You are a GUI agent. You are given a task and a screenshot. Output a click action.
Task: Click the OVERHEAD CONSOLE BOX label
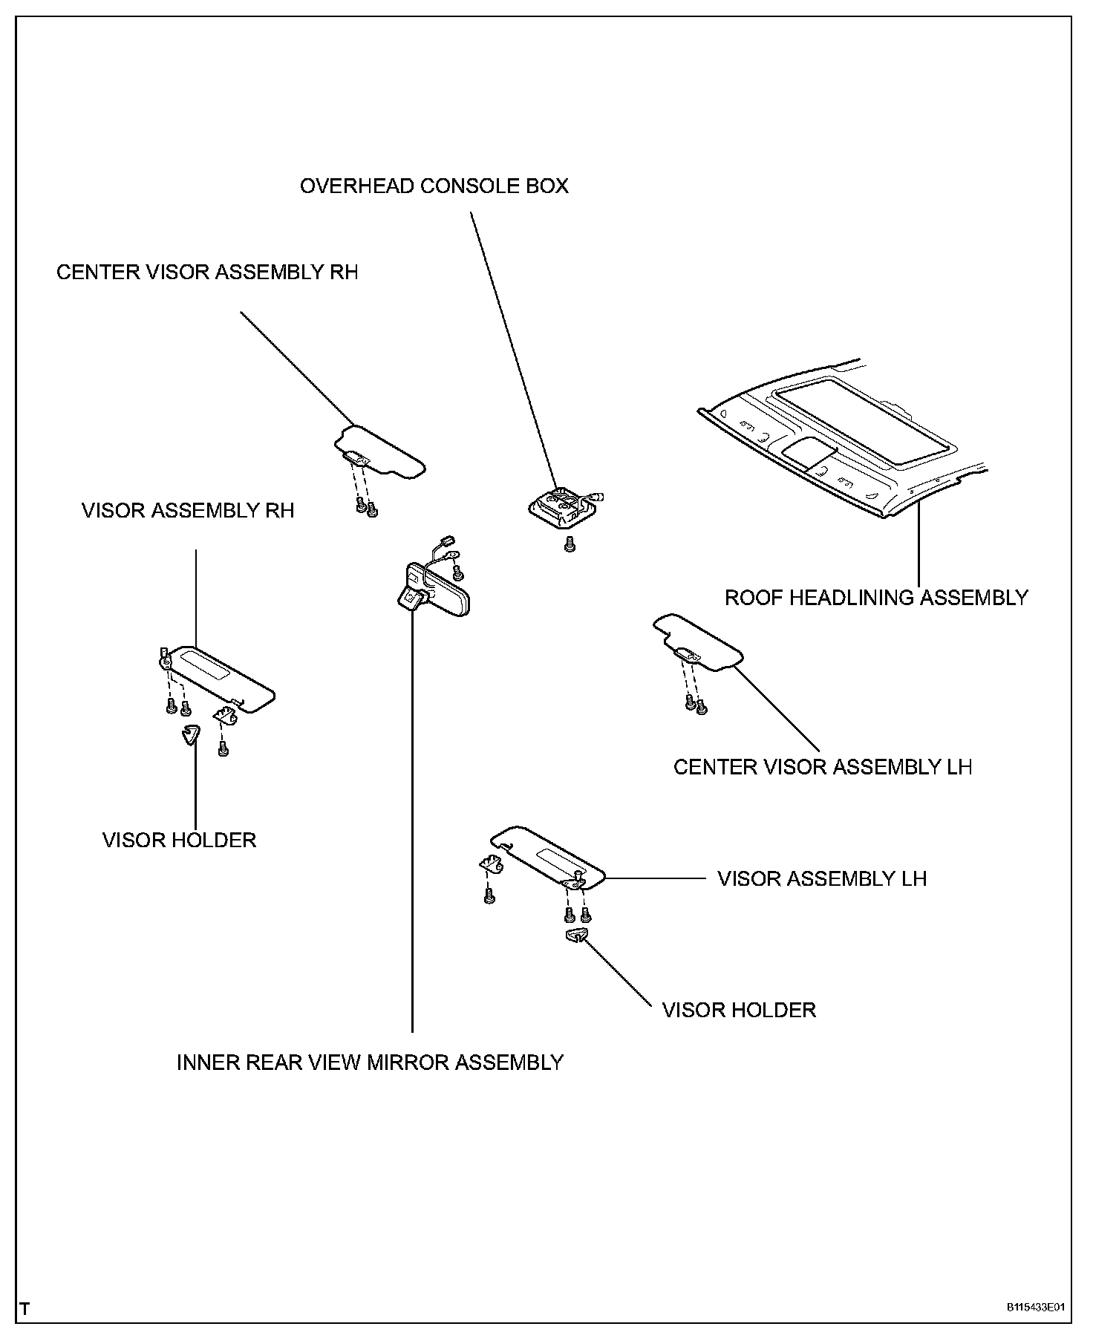tap(434, 186)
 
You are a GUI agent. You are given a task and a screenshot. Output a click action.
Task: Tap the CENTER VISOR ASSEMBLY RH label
tap(207, 272)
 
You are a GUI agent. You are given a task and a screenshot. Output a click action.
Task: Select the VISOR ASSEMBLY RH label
tap(188, 511)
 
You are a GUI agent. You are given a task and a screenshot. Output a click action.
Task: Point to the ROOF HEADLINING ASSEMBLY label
tap(876, 597)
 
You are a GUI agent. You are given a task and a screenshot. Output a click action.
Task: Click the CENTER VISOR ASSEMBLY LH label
tap(822, 766)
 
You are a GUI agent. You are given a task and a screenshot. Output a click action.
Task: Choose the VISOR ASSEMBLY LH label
tap(822, 879)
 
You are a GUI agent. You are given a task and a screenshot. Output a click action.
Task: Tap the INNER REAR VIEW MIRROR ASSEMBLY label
tap(370, 1063)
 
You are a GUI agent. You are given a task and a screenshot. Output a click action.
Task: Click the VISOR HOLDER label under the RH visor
tap(179, 840)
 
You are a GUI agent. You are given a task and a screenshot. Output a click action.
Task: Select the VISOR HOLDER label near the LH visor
tap(739, 1010)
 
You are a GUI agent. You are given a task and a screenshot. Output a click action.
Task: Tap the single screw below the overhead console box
tap(570, 544)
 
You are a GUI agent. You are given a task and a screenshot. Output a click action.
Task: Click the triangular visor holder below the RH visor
tap(191, 734)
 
